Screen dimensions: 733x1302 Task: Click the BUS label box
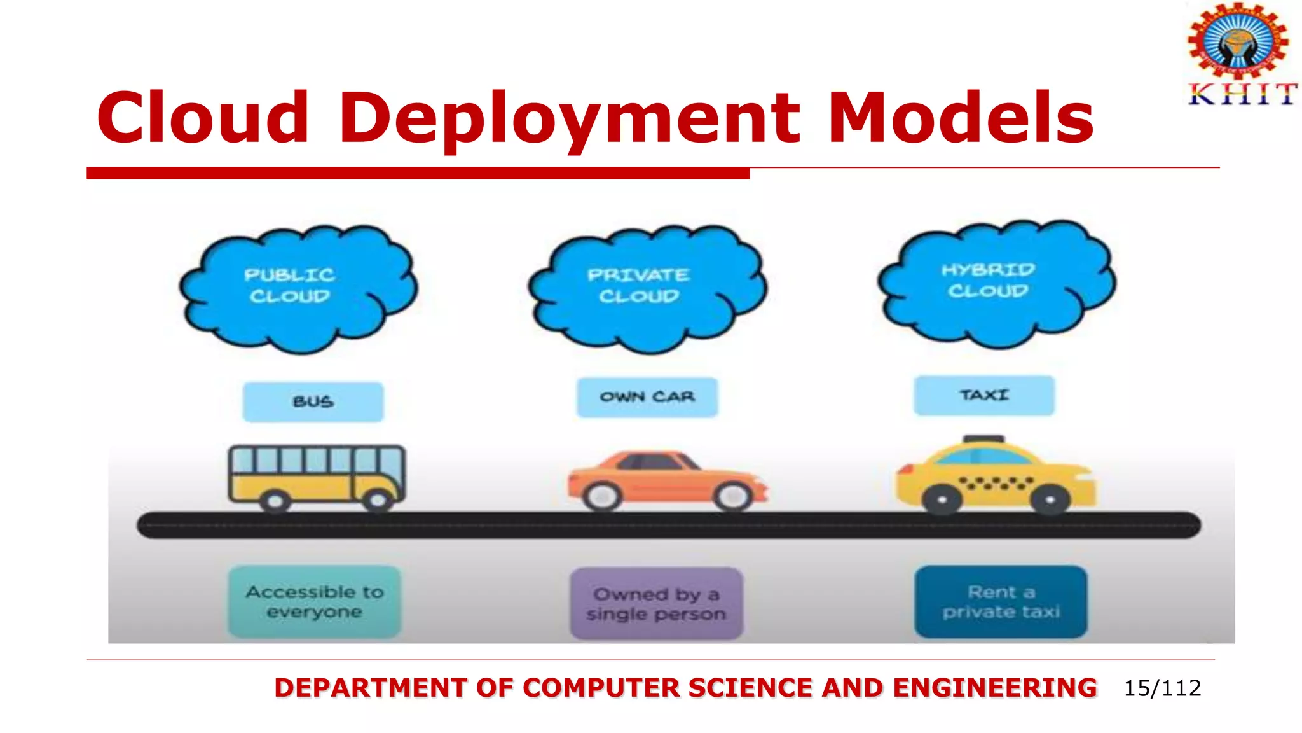pyautogui.click(x=313, y=401)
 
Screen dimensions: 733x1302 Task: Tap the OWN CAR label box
pyautogui.click(x=647, y=397)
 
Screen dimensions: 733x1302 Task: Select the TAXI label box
pyautogui.click(x=984, y=395)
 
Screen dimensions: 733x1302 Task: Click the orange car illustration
pyautogui.click(x=668, y=480)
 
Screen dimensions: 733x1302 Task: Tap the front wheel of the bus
pyautogui.click(x=378, y=501)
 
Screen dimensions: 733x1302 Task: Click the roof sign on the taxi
pyautogui.click(x=983, y=439)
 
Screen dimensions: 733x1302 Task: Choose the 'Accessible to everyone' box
pyautogui.click(x=315, y=601)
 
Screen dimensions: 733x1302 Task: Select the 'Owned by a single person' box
pyautogui.click(x=656, y=603)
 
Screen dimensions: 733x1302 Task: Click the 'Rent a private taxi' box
pyautogui.click(x=1001, y=601)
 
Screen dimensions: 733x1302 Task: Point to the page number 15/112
pyautogui.click(x=1162, y=688)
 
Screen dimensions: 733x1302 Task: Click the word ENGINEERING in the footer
pyautogui.click(x=994, y=688)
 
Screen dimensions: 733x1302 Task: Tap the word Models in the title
pyautogui.click(x=961, y=118)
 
